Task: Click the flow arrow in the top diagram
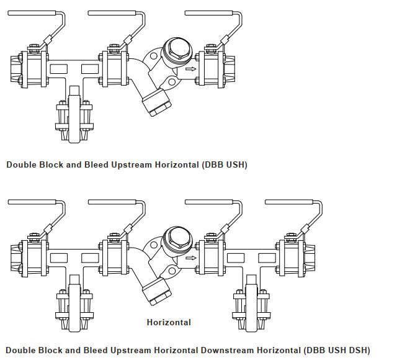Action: click(x=190, y=69)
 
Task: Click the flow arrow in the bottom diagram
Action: click(x=190, y=257)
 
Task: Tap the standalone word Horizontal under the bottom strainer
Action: click(x=169, y=322)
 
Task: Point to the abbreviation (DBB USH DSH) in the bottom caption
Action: click(x=339, y=351)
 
